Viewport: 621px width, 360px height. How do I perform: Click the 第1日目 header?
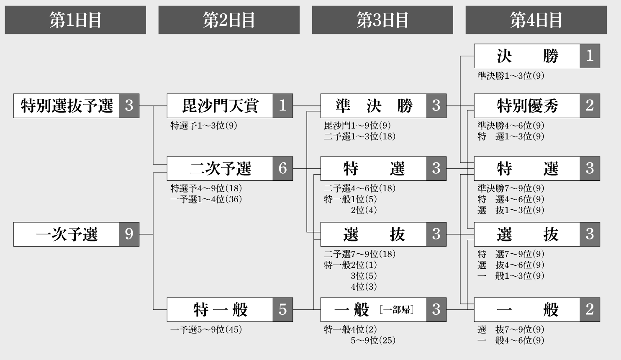point(75,20)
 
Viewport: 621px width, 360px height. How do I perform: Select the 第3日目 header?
point(382,20)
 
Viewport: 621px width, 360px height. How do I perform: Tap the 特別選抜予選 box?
point(67,105)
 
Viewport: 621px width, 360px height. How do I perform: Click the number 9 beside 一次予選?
point(129,234)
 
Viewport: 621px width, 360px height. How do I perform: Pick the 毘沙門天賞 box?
point(220,105)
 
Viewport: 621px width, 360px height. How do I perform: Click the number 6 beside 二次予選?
point(282,168)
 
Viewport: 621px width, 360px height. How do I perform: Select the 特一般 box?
point(220,310)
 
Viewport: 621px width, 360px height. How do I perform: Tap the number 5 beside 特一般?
point(282,310)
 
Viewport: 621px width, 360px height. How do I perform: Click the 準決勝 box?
point(374,105)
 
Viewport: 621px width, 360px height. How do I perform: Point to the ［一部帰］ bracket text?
point(397,310)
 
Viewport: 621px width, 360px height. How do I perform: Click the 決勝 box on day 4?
point(527,56)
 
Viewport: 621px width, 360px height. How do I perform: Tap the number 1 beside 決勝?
point(590,56)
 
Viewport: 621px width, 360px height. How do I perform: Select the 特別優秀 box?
point(527,105)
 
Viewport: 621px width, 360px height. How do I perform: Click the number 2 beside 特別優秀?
point(590,105)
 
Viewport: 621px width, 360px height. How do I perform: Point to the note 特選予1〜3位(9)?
point(204,126)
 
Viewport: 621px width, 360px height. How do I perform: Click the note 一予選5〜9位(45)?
point(206,329)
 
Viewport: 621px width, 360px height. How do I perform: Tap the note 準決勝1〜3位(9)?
point(511,76)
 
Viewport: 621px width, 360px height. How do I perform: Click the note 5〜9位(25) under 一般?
point(373,340)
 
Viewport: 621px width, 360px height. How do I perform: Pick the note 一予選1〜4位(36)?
point(206,199)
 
